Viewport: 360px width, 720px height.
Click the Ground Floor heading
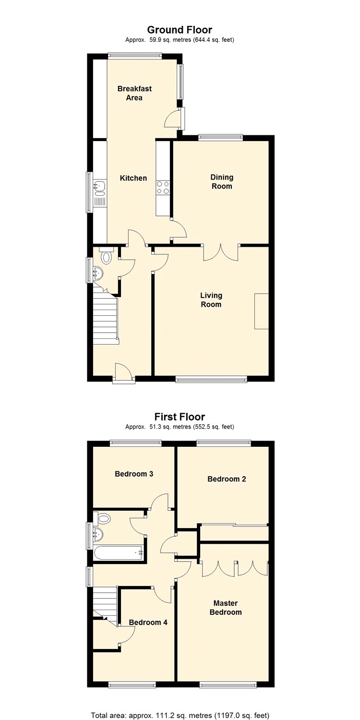(x=180, y=30)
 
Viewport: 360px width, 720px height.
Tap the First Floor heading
(x=180, y=417)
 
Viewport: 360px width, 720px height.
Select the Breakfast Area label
(x=134, y=93)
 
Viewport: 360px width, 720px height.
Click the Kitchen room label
(x=133, y=178)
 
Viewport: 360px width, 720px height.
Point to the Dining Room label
(x=222, y=181)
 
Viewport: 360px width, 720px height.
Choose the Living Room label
(x=211, y=300)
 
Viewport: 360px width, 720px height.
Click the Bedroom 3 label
(x=134, y=474)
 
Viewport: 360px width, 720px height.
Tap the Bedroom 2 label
(x=227, y=479)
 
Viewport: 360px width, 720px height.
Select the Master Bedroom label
(x=226, y=608)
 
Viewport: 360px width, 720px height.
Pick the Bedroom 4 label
(x=148, y=623)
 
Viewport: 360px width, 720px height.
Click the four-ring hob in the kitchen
(x=163, y=188)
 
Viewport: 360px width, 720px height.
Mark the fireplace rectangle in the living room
(x=262, y=311)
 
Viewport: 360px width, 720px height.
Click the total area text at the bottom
(x=180, y=715)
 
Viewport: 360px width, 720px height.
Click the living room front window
(x=212, y=380)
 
